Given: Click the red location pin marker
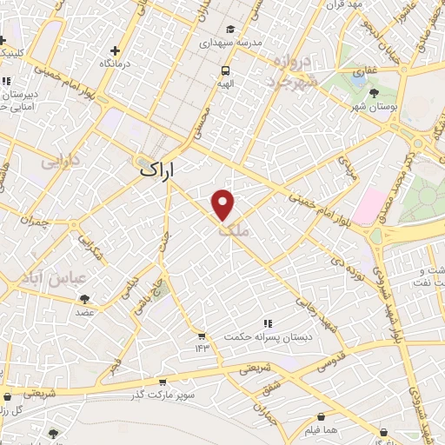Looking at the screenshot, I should [x=223, y=204].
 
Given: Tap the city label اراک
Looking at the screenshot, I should [x=157, y=172].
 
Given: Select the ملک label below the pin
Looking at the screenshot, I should [x=232, y=229].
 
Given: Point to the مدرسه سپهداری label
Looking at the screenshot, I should [x=229, y=42].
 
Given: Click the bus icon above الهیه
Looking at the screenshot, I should [x=226, y=71].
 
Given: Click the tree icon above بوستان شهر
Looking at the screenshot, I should [x=374, y=90].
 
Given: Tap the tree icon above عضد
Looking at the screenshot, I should [x=84, y=298].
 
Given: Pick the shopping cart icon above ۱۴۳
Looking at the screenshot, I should [x=202, y=335].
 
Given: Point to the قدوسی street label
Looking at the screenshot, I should [x=327, y=356].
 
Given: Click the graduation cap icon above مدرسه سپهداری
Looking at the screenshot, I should [x=229, y=28].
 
